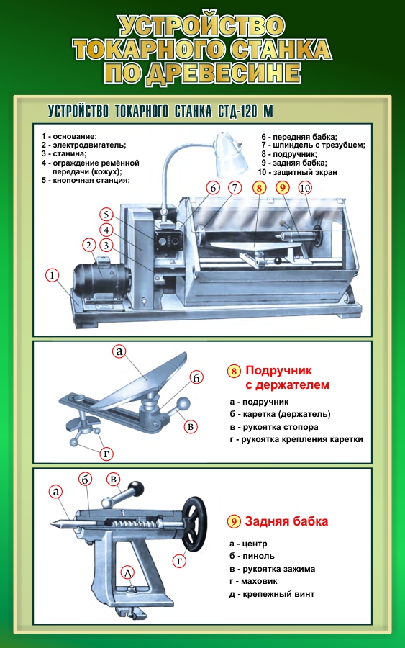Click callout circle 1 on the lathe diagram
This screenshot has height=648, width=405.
[x=52, y=275]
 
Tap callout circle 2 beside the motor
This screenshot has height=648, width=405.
[x=88, y=245]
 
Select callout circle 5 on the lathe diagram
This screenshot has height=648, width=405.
[x=106, y=215]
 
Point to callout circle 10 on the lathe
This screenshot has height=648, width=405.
[x=305, y=189]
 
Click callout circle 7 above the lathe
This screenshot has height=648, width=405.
[x=235, y=189]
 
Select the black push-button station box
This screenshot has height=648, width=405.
[x=169, y=241]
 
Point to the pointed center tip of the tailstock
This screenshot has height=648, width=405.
[x=51, y=523]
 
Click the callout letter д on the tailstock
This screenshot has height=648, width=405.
[x=128, y=573]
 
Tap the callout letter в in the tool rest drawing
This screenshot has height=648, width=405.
[x=191, y=426]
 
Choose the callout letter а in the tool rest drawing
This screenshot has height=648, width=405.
[x=119, y=351]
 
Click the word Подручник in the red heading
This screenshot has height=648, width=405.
[x=278, y=370]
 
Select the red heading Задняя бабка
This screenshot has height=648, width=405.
[x=286, y=521]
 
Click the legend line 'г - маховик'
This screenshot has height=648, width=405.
[x=253, y=581]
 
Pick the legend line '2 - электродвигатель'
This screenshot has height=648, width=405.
[x=83, y=145]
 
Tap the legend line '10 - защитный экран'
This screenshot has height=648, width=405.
[x=297, y=172]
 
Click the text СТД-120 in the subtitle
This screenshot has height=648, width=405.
[x=239, y=111]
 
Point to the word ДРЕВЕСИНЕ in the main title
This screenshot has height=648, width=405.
[x=222, y=73]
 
